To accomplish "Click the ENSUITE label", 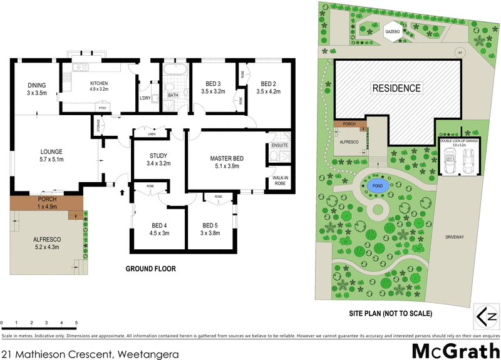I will pos(279,145).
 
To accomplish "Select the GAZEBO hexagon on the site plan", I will pos(393,31).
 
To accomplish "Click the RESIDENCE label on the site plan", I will pos(396,88).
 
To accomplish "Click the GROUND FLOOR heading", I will pos(151,269).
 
